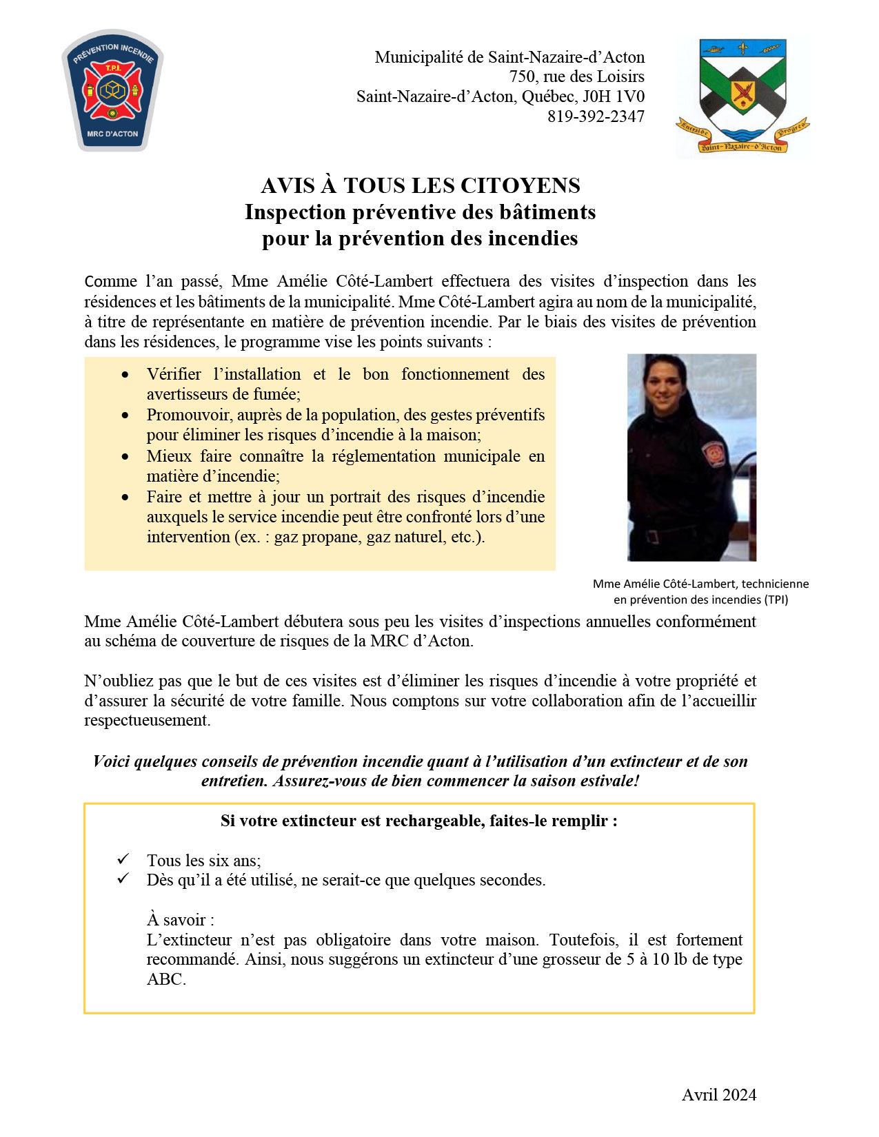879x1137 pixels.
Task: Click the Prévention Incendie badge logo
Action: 112,90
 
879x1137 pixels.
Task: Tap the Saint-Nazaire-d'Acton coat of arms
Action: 742,96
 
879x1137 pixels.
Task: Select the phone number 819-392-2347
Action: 596,116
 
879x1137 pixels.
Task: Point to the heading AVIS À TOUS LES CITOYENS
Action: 420,185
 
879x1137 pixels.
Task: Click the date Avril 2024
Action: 718,1094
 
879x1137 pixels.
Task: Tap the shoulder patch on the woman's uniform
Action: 712,453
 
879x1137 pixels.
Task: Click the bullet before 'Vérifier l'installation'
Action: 125,374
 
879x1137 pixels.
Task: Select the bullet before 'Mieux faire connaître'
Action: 125,456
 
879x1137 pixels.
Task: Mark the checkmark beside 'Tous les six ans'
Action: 123,859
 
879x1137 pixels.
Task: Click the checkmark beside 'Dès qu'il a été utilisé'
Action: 123,879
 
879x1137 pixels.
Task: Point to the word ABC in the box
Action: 165,979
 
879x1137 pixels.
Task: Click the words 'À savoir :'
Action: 181,920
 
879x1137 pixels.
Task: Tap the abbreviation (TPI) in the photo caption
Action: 776,600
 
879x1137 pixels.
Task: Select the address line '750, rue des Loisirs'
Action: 577,76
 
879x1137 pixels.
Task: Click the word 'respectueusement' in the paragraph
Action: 147,720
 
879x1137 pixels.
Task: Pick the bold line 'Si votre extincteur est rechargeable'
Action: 419,821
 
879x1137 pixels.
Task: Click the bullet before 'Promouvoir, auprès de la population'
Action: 125,415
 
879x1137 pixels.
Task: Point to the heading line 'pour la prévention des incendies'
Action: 420,238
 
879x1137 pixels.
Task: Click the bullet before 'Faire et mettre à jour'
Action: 125,497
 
